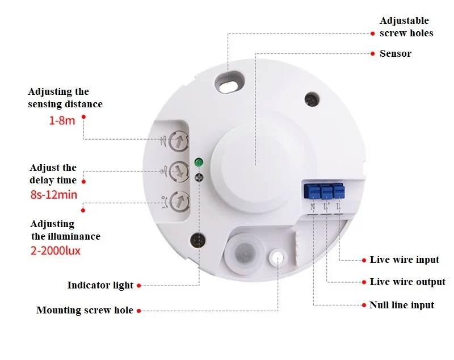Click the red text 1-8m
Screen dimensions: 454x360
click(x=60, y=122)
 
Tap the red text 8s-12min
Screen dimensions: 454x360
click(x=54, y=195)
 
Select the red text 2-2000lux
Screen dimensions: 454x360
click(x=56, y=250)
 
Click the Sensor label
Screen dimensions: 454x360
click(x=396, y=54)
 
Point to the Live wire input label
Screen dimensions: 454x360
click(x=404, y=260)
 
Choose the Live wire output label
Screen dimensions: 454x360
click(x=407, y=282)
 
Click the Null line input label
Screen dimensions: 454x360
click(x=401, y=305)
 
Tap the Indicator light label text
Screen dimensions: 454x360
click(x=100, y=286)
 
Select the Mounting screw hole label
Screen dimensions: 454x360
click(x=85, y=311)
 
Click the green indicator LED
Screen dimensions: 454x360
click(x=199, y=162)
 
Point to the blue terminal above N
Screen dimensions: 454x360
click(x=313, y=191)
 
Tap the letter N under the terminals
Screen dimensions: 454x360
click(x=313, y=207)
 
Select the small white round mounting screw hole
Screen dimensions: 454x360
click(x=278, y=258)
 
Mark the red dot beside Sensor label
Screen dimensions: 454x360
click(x=372, y=54)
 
